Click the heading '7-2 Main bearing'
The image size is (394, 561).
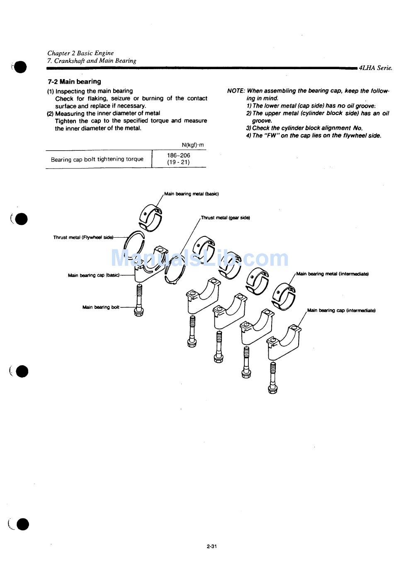click(74, 82)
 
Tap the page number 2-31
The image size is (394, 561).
click(212, 546)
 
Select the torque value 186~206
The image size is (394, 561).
click(178, 155)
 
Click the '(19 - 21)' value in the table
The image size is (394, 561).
click(178, 162)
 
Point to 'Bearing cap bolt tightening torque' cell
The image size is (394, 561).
click(97, 159)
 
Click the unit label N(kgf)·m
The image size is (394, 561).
click(192, 145)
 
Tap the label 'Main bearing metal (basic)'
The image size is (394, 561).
click(191, 194)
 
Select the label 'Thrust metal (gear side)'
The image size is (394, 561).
click(225, 218)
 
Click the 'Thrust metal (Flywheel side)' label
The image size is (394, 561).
click(83, 238)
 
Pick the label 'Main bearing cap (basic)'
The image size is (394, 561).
click(93, 275)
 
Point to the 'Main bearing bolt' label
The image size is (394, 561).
click(101, 307)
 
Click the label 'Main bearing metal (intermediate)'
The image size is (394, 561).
click(332, 274)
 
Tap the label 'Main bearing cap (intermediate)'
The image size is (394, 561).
click(341, 311)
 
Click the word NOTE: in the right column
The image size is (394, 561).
click(236, 91)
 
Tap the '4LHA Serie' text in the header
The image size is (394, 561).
click(376, 68)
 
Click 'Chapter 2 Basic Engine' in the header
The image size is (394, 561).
click(80, 53)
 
